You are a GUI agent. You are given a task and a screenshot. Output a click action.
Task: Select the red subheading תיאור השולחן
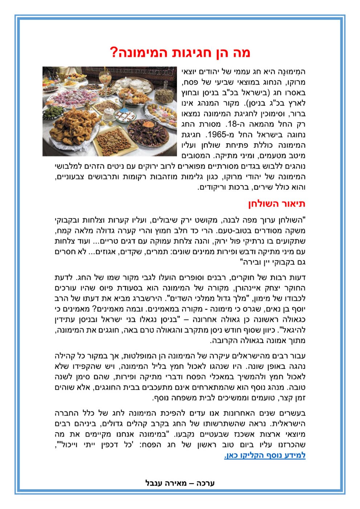pyautogui.click(x=277, y=204)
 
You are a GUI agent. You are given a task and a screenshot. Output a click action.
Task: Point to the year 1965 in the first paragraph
pyautogui.click(x=215, y=135)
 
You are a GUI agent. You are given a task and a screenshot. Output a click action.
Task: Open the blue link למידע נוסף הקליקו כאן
pyautogui.click(x=265, y=455)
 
